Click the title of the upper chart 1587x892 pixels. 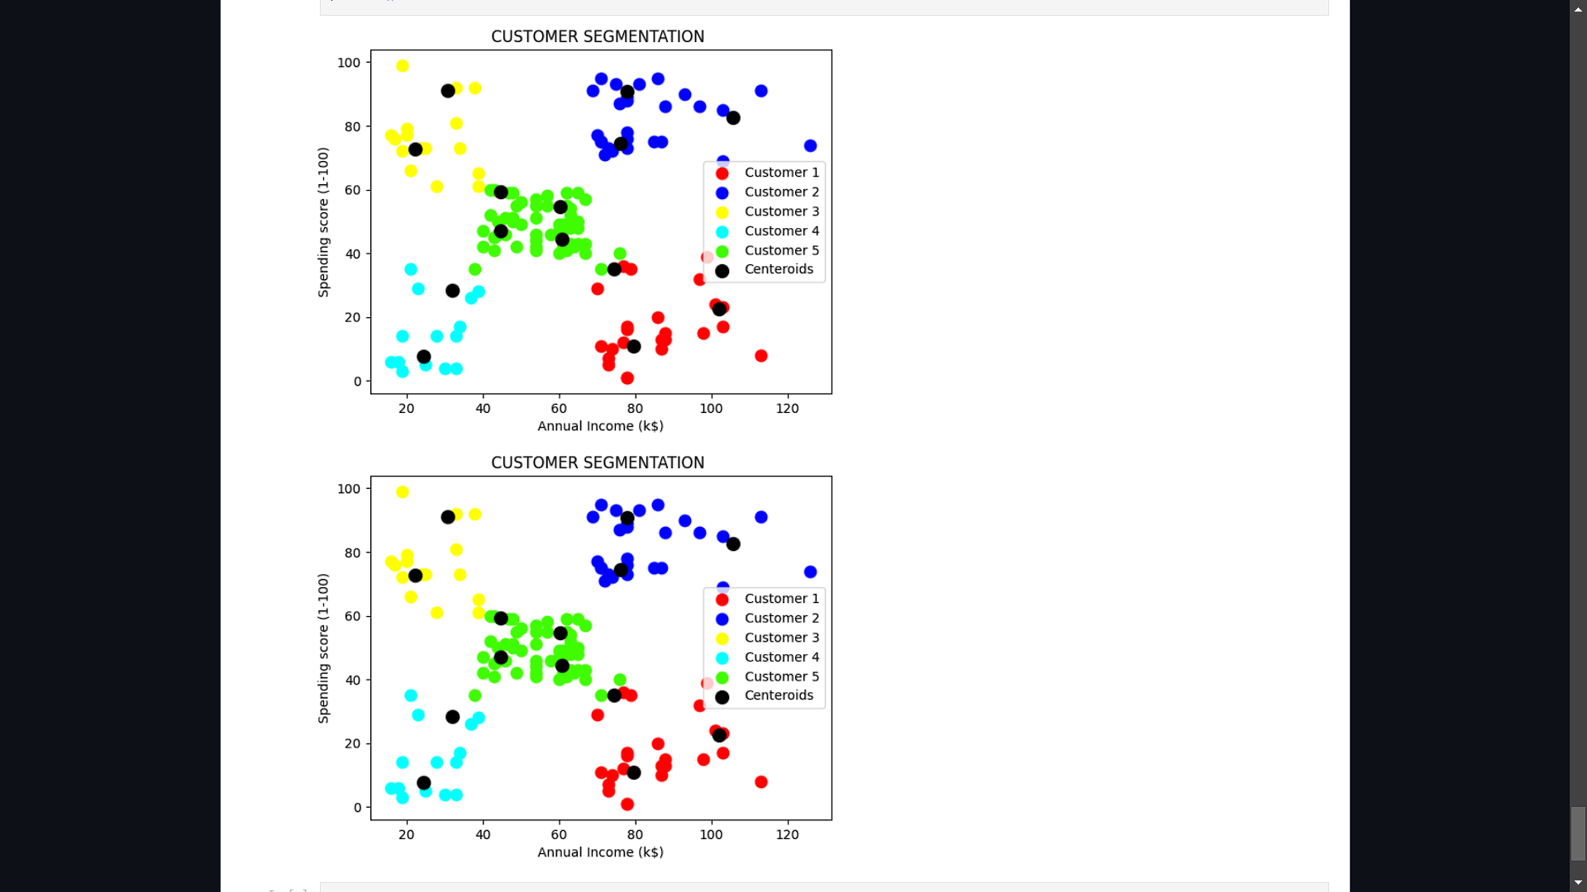pos(598,36)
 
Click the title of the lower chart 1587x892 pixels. pos(598,463)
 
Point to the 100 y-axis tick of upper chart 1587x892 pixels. pos(349,63)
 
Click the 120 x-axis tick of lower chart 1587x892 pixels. pos(787,835)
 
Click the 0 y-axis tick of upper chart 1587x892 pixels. pos(357,382)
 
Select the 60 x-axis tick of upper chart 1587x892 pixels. pos(559,409)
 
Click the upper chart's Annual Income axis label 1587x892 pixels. pos(600,426)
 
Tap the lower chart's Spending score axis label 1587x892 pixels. pos(323,648)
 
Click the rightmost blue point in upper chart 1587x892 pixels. pos(810,146)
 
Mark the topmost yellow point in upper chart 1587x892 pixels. pos(403,66)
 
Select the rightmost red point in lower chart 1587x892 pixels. pos(761,782)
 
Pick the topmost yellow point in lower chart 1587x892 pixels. pos(403,492)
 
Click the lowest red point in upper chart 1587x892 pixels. pos(627,378)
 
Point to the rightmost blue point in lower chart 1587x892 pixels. pos(810,572)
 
